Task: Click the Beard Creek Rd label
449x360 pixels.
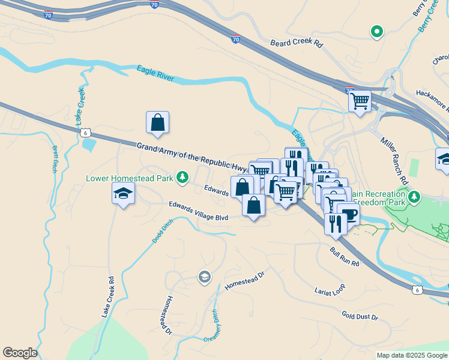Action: coord(297,44)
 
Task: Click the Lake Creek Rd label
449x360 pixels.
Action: coord(108,296)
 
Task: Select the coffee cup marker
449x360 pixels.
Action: coord(348,215)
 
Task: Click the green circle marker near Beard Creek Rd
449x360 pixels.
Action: coord(377,31)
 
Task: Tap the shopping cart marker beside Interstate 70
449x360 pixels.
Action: coord(360,101)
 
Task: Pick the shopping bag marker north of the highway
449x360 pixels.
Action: coord(157,122)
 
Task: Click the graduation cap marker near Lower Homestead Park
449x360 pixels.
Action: coord(123,194)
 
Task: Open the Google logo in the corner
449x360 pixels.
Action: coord(20,353)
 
